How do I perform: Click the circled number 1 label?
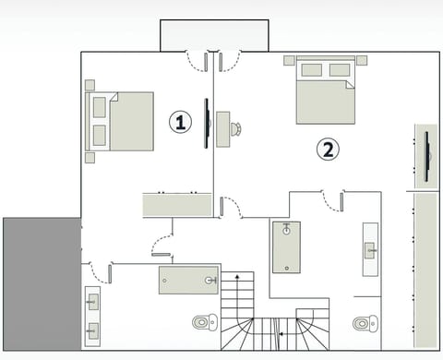click(181, 121)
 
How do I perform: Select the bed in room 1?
click(122, 121)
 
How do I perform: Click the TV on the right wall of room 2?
click(427, 157)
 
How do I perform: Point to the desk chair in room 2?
click(235, 128)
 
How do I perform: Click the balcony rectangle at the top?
click(213, 35)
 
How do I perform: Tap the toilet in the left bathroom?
click(205, 322)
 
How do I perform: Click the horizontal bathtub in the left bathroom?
click(188, 279)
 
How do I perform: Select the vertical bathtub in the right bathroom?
click(286, 246)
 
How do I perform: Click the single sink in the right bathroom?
click(370, 248)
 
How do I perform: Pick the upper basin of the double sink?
click(92, 302)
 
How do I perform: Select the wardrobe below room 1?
click(176, 204)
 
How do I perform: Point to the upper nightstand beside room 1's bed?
click(90, 86)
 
